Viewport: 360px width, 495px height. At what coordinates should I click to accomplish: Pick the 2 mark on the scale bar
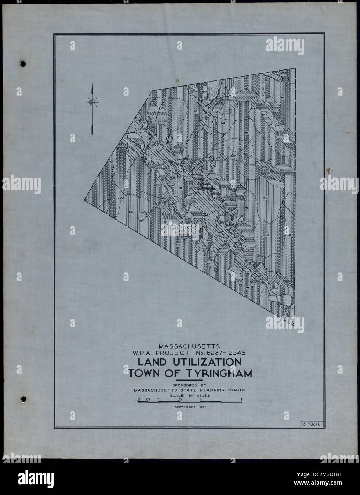tap(241, 399)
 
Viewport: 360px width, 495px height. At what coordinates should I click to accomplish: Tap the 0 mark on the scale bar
tap(158, 399)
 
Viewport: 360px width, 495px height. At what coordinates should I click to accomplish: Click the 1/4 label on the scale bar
tap(147, 399)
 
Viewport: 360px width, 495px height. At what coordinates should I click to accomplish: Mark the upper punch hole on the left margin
tap(24, 64)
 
